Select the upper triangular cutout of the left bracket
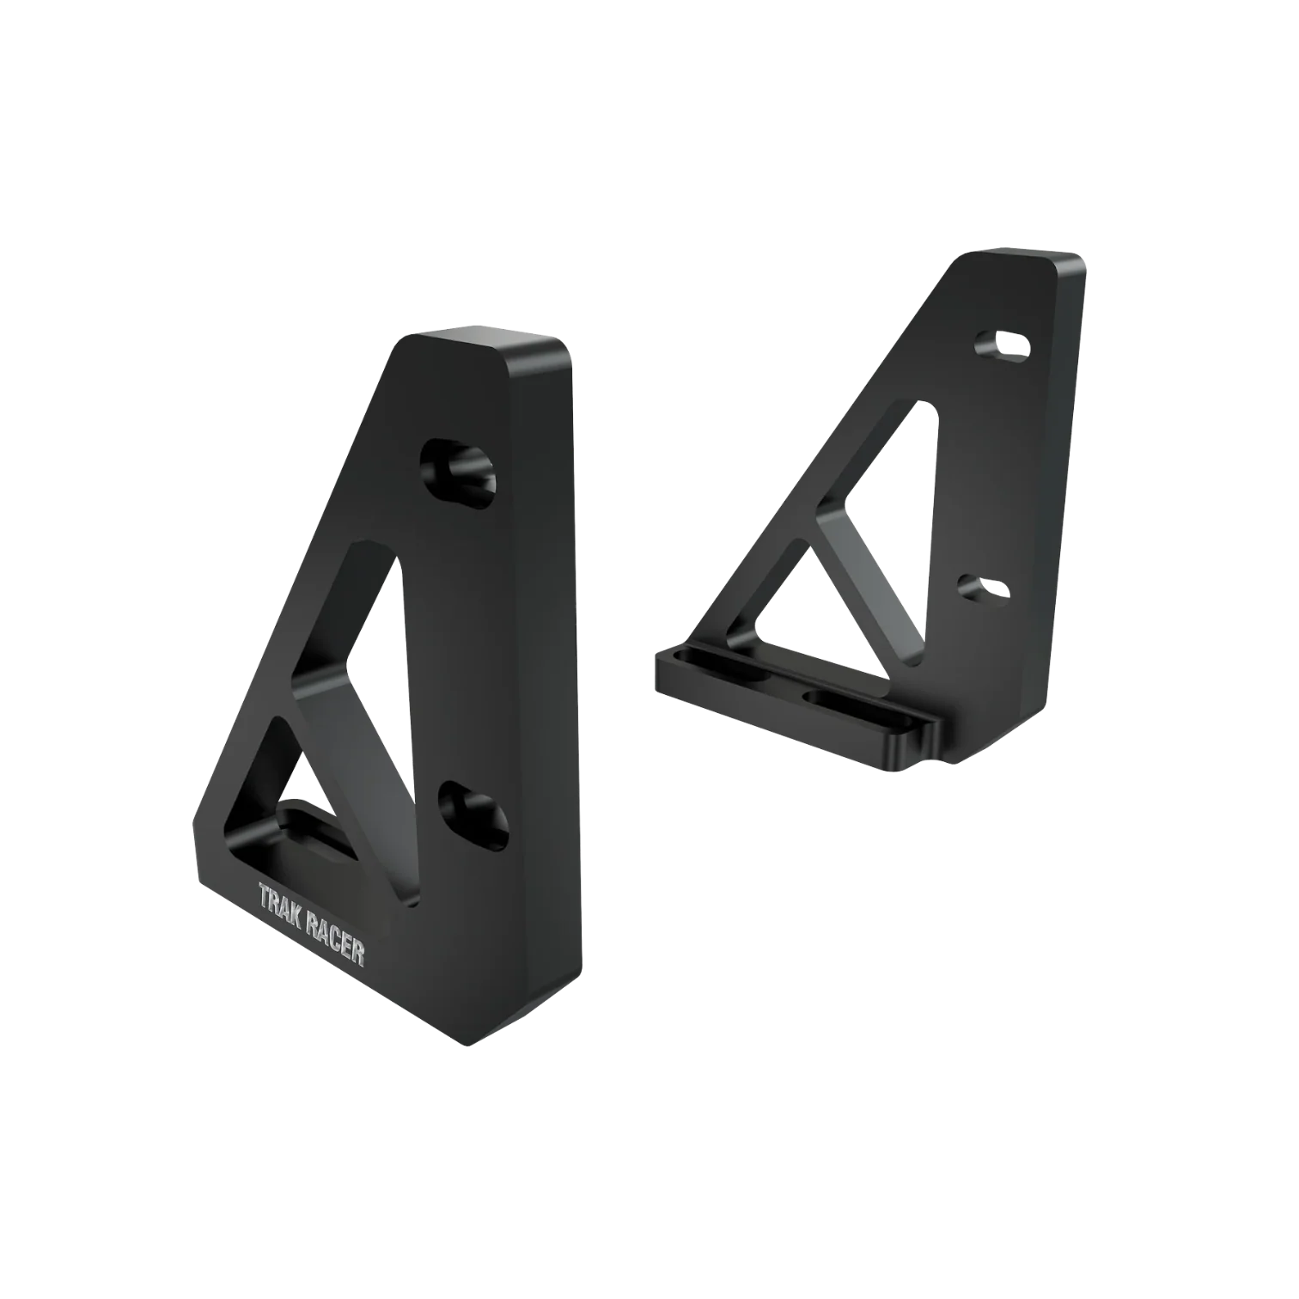pyautogui.click(x=361, y=619)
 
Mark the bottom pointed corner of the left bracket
pyautogui.click(x=467, y=1045)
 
